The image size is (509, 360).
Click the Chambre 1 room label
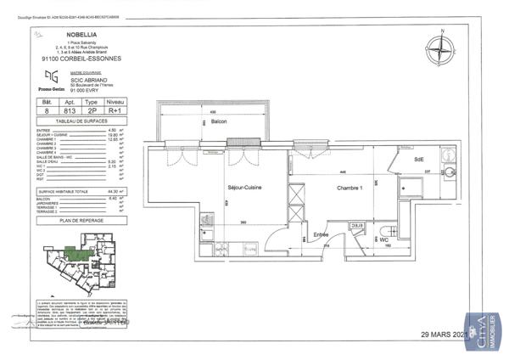pyautogui.click(x=350, y=188)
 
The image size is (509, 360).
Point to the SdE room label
pyautogui.click(x=418, y=160)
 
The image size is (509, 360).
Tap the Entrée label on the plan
pyautogui.click(x=322, y=233)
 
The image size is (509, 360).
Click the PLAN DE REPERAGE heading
pyautogui.click(x=81, y=219)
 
